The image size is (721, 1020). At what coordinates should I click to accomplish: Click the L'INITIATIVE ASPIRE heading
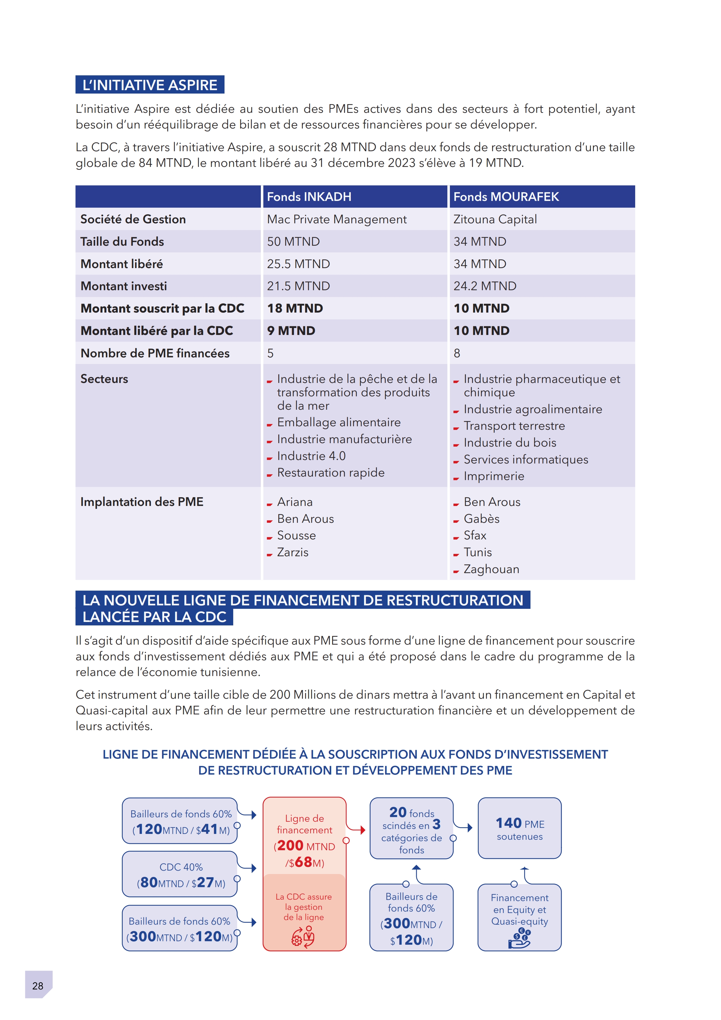click(x=150, y=85)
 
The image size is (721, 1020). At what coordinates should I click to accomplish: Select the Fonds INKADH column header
click(x=309, y=197)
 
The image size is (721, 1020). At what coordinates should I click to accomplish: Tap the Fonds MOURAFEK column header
click(x=506, y=197)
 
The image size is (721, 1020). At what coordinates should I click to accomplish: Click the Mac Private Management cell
click(x=337, y=220)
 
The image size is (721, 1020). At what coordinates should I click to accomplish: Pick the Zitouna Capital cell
click(x=495, y=220)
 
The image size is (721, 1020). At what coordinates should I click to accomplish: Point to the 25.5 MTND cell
click(x=298, y=264)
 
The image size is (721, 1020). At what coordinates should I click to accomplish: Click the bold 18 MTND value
click(x=295, y=308)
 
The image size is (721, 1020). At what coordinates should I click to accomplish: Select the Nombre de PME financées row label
click(x=155, y=353)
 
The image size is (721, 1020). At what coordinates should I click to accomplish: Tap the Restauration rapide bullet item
click(x=330, y=473)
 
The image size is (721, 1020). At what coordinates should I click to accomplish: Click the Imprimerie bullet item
click(x=494, y=476)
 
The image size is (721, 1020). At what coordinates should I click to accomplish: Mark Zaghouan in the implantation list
click(x=491, y=569)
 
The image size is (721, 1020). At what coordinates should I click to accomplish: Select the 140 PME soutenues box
click(x=519, y=828)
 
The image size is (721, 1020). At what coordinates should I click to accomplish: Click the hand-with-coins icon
click(x=519, y=938)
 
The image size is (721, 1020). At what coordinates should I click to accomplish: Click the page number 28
click(x=38, y=986)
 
